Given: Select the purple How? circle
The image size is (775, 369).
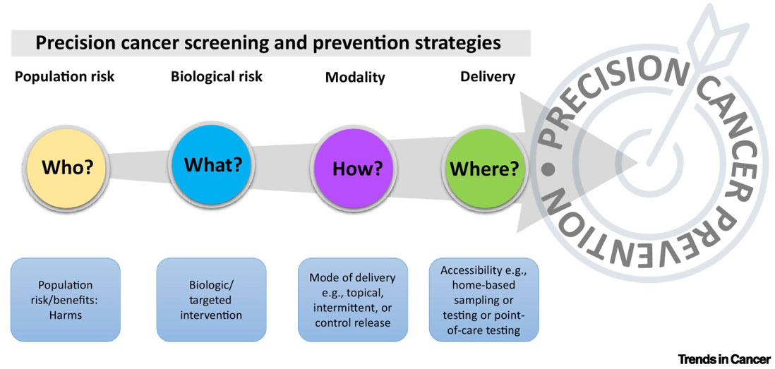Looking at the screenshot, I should (357, 169).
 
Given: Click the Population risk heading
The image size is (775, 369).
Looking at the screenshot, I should (64, 76).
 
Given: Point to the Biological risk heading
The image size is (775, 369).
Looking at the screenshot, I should (217, 76).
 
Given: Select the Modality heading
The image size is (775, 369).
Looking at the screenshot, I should (355, 78).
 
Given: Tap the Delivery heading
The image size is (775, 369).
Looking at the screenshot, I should (488, 76).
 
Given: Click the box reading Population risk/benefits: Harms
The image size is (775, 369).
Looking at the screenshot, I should (64, 300).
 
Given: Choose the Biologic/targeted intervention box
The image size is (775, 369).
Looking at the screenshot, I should (211, 300).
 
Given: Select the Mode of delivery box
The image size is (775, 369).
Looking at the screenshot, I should (352, 300).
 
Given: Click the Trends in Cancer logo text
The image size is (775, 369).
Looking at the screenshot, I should (724, 358).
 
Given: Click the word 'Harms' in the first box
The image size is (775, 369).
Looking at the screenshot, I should (64, 315).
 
